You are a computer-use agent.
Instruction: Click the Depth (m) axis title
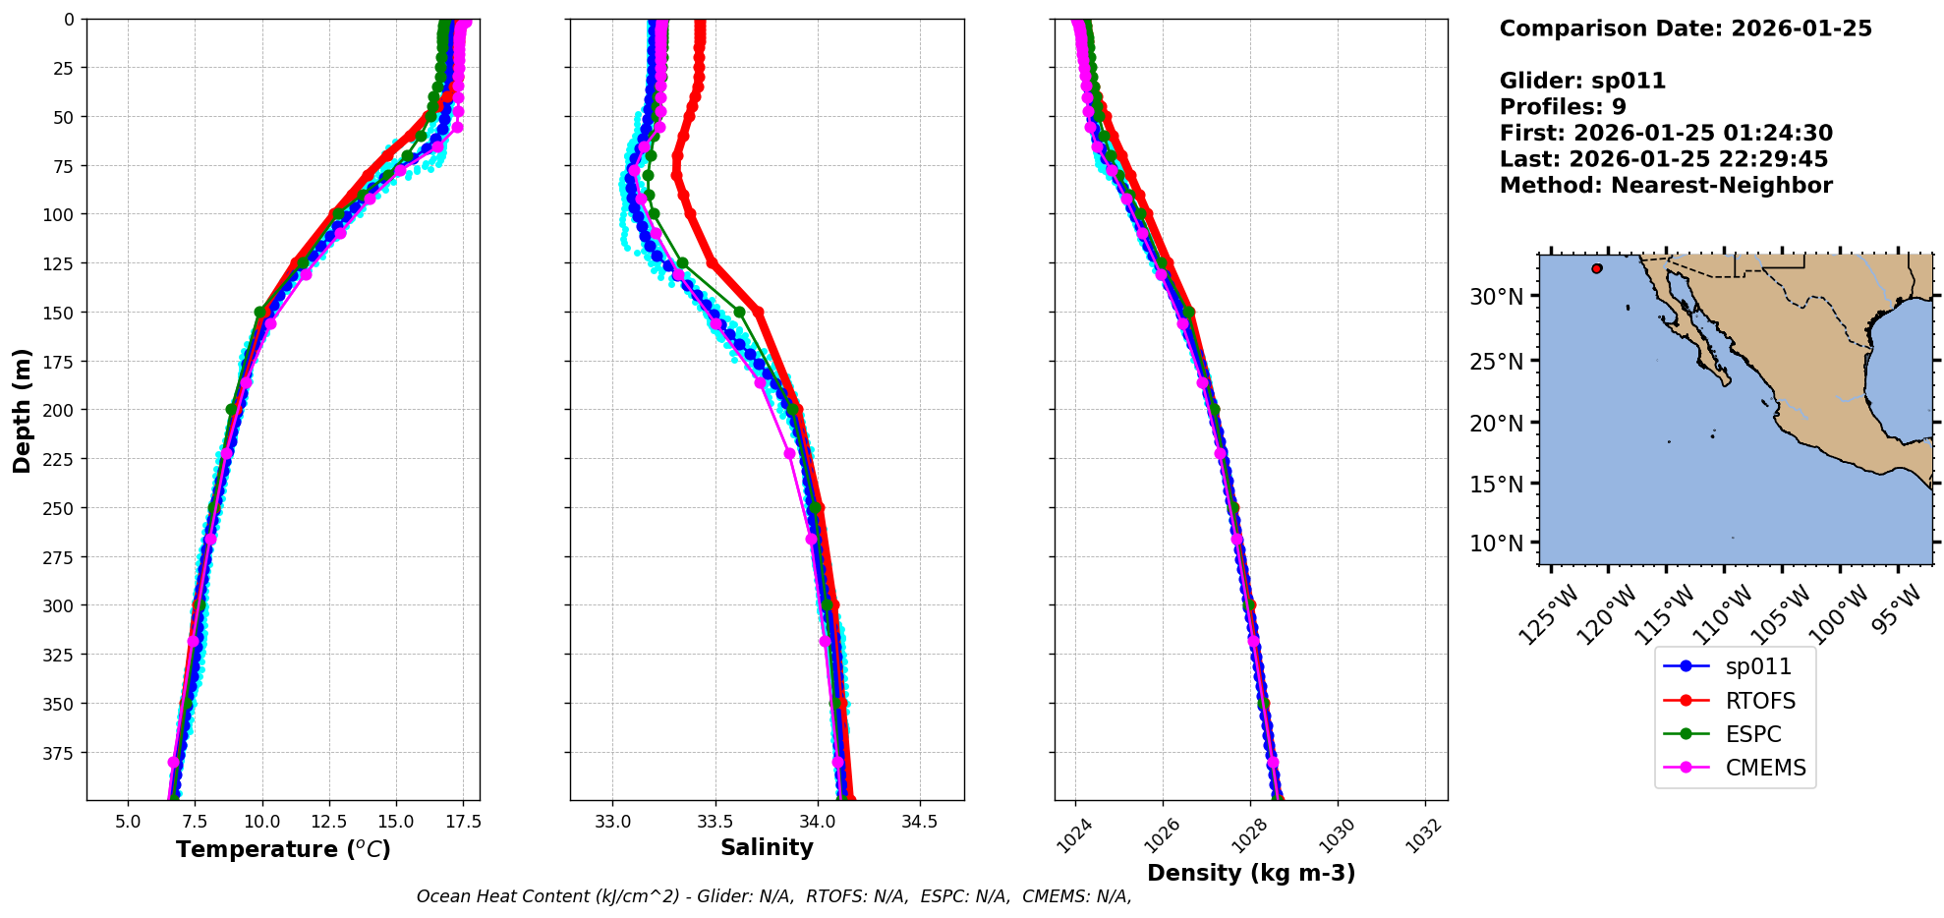(x=22, y=410)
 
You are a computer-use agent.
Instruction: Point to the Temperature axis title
(x=283, y=849)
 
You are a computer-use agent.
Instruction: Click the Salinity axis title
(x=767, y=847)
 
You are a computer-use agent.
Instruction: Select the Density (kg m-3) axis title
(x=1250, y=873)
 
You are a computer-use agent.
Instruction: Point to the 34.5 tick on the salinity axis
(x=919, y=822)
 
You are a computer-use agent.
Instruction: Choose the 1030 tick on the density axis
(x=1336, y=834)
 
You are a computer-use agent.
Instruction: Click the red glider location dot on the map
(x=1596, y=268)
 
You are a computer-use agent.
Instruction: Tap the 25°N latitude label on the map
(x=1496, y=362)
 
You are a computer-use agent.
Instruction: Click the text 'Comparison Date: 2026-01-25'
(x=1685, y=29)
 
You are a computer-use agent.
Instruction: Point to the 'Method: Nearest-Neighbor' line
(x=1665, y=186)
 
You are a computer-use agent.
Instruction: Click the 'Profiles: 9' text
(x=1562, y=107)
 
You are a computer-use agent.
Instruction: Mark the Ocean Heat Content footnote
(x=773, y=896)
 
